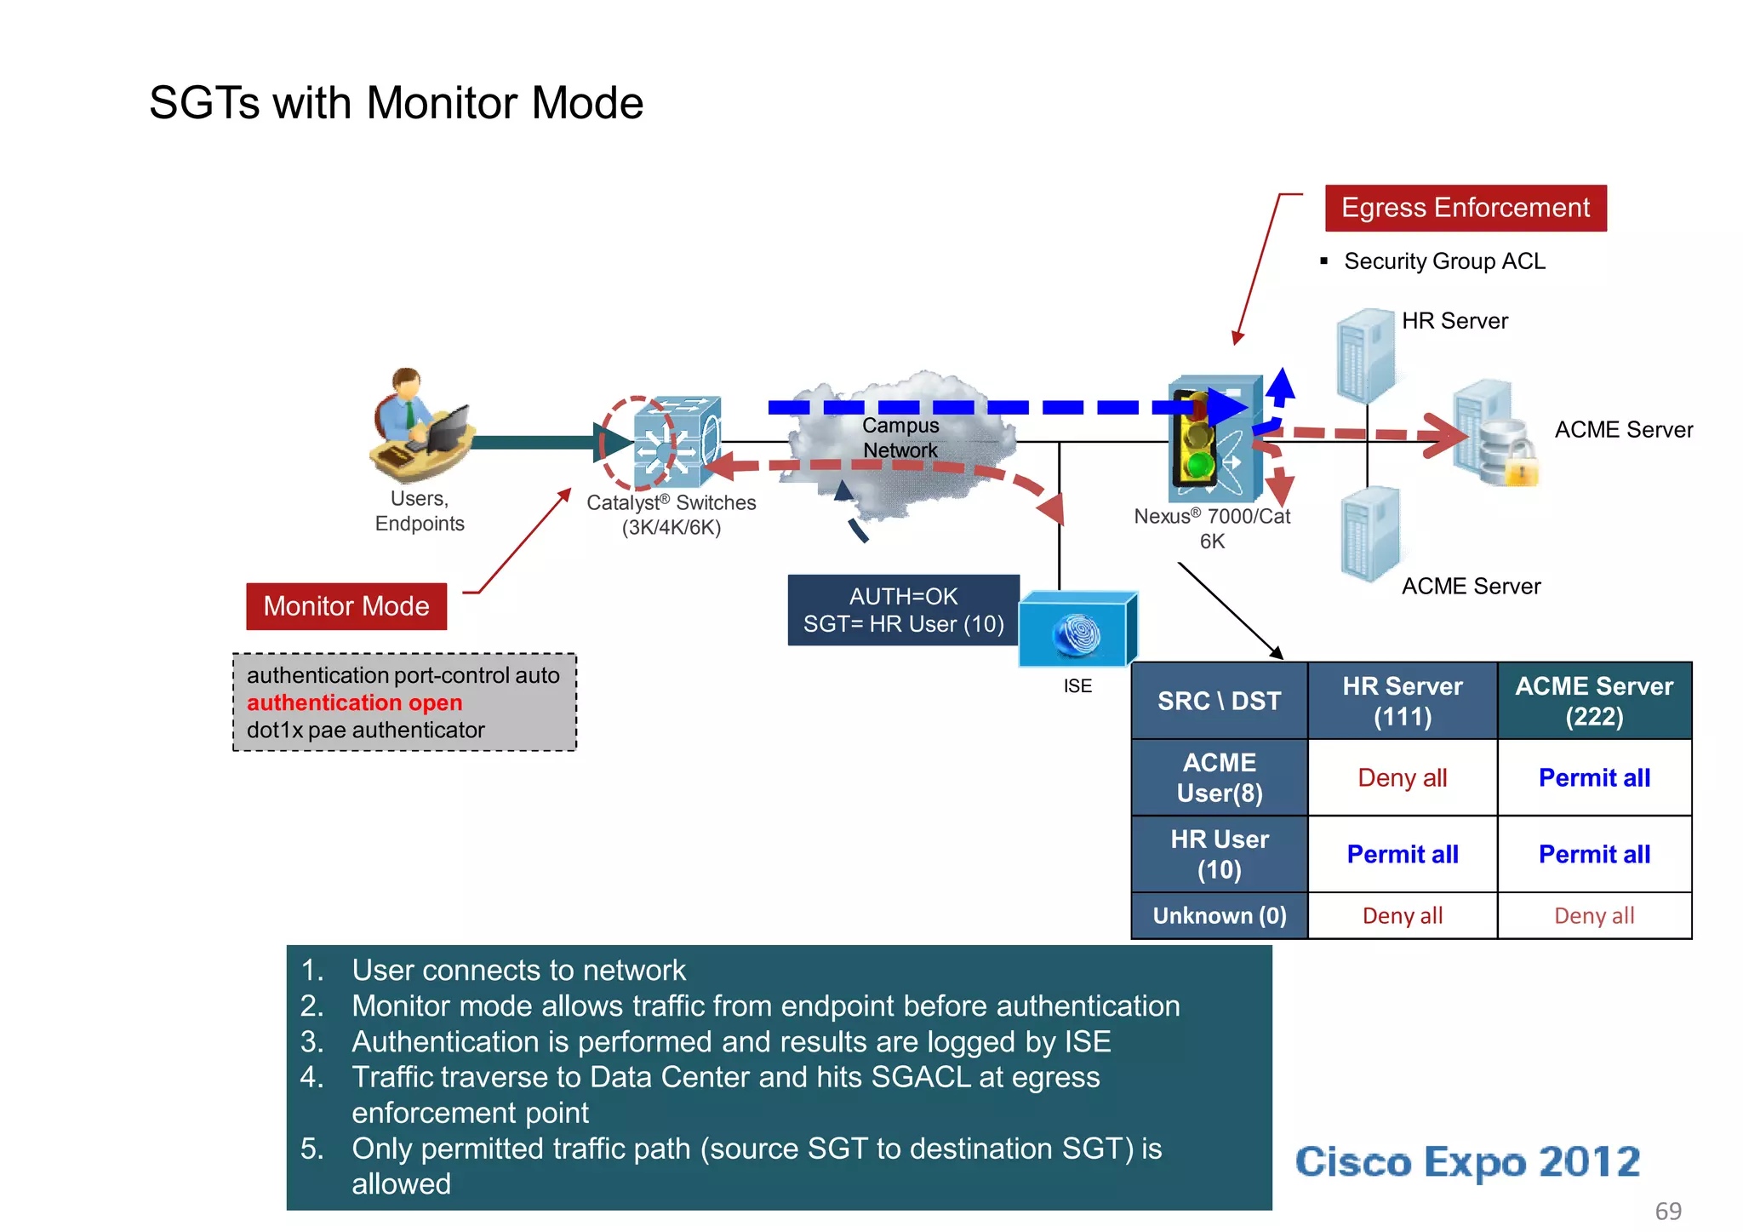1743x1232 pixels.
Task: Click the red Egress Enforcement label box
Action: (x=1465, y=208)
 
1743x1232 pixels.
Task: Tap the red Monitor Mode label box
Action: (x=346, y=606)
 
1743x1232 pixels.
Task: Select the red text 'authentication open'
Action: (x=354, y=702)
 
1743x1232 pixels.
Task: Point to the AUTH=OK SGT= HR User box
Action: (x=903, y=610)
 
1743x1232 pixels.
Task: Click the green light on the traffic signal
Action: (x=1200, y=466)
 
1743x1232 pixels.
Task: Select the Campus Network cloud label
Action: (x=900, y=438)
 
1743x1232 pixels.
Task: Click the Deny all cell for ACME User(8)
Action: (x=1402, y=777)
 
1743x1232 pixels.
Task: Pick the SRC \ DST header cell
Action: (x=1219, y=701)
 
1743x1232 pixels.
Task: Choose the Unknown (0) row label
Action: (x=1219, y=916)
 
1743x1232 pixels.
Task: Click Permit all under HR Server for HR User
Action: (x=1402, y=854)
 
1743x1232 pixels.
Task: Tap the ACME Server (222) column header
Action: (x=1593, y=701)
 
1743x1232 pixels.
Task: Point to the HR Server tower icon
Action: (x=1364, y=356)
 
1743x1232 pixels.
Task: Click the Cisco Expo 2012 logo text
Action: (x=1466, y=1162)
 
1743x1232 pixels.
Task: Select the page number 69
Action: (x=1667, y=1211)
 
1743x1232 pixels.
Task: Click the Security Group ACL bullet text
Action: (x=1443, y=261)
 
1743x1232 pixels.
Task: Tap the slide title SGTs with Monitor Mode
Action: (x=396, y=103)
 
